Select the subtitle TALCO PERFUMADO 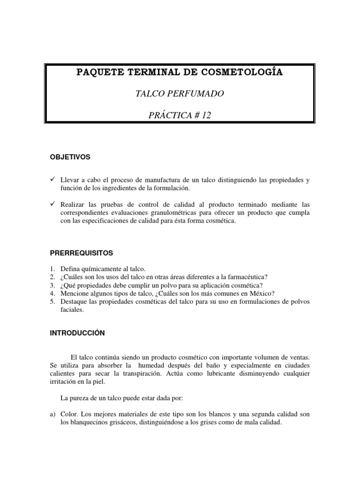pos(179,94)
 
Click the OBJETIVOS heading pos(70,157)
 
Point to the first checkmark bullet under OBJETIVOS pos(53,180)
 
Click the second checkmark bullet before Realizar pos(53,204)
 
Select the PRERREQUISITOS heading pos(82,253)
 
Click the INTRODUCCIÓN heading pos(77,333)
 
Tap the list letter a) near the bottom pos(53,414)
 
